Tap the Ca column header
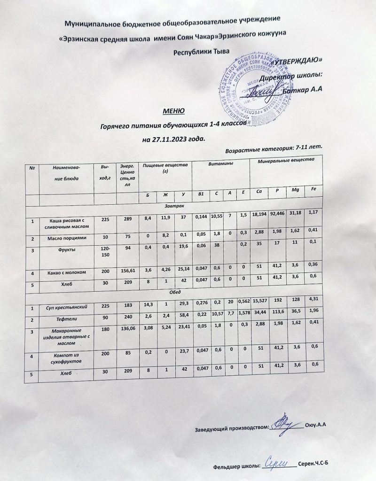click(258, 192)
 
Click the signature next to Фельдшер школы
click(278, 463)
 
